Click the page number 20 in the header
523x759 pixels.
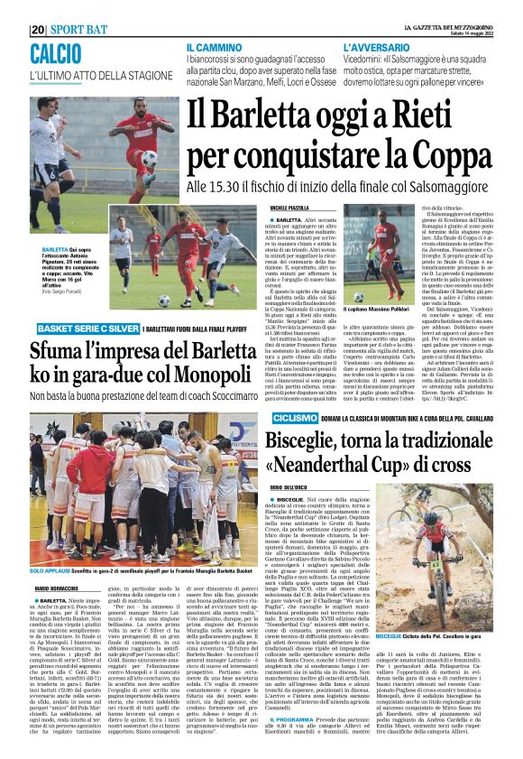37,28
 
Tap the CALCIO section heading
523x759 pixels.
55,52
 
